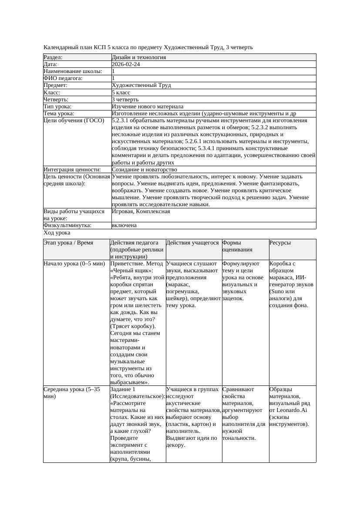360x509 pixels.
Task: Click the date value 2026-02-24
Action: [x=126, y=64]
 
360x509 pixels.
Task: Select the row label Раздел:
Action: [x=53, y=57]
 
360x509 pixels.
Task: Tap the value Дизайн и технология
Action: [x=138, y=57]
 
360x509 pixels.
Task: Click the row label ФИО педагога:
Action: [x=63, y=78]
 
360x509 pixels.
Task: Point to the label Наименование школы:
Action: [x=73, y=71]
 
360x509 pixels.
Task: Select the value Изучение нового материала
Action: [x=148, y=107]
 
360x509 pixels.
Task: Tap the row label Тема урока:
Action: [x=59, y=114]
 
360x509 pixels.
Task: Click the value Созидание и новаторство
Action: [x=144, y=170]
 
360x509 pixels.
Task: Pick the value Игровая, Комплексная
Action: [x=141, y=211]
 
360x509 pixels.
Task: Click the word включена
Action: [x=124, y=225]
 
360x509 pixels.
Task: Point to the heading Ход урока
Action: [x=57, y=233]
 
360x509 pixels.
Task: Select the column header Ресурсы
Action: [x=280, y=243]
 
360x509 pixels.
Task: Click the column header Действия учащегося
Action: [x=192, y=243]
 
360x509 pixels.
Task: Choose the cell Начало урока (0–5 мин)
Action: [x=74, y=264]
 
